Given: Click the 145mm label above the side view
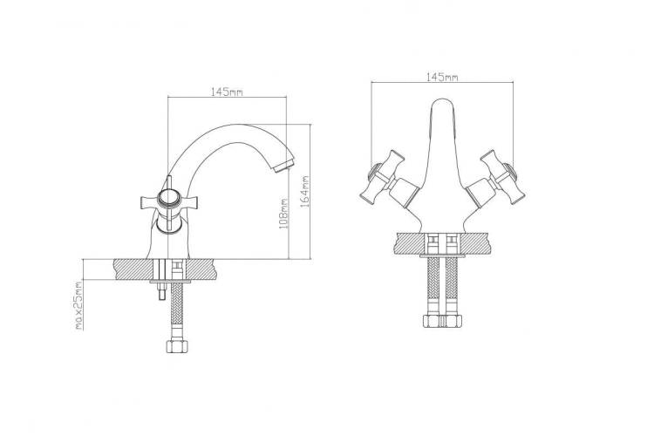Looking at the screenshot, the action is pyautogui.click(x=227, y=92).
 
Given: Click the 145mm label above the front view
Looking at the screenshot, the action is pyautogui.click(x=442, y=78).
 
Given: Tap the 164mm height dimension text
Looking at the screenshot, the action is pyautogui.click(x=305, y=192).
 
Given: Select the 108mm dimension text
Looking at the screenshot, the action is pyautogui.click(x=283, y=213).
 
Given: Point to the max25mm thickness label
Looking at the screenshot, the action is pyautogui.click(x=78, y=306).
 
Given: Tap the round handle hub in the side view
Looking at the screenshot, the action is pyautogui.click(x=169, y=198).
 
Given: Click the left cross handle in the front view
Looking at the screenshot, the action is pyautogui.click(x=381, y=177).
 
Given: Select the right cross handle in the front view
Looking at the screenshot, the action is pyautogui.click(x=502, y=177).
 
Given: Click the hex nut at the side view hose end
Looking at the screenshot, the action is pyautogui.click(x=176, y=346).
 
